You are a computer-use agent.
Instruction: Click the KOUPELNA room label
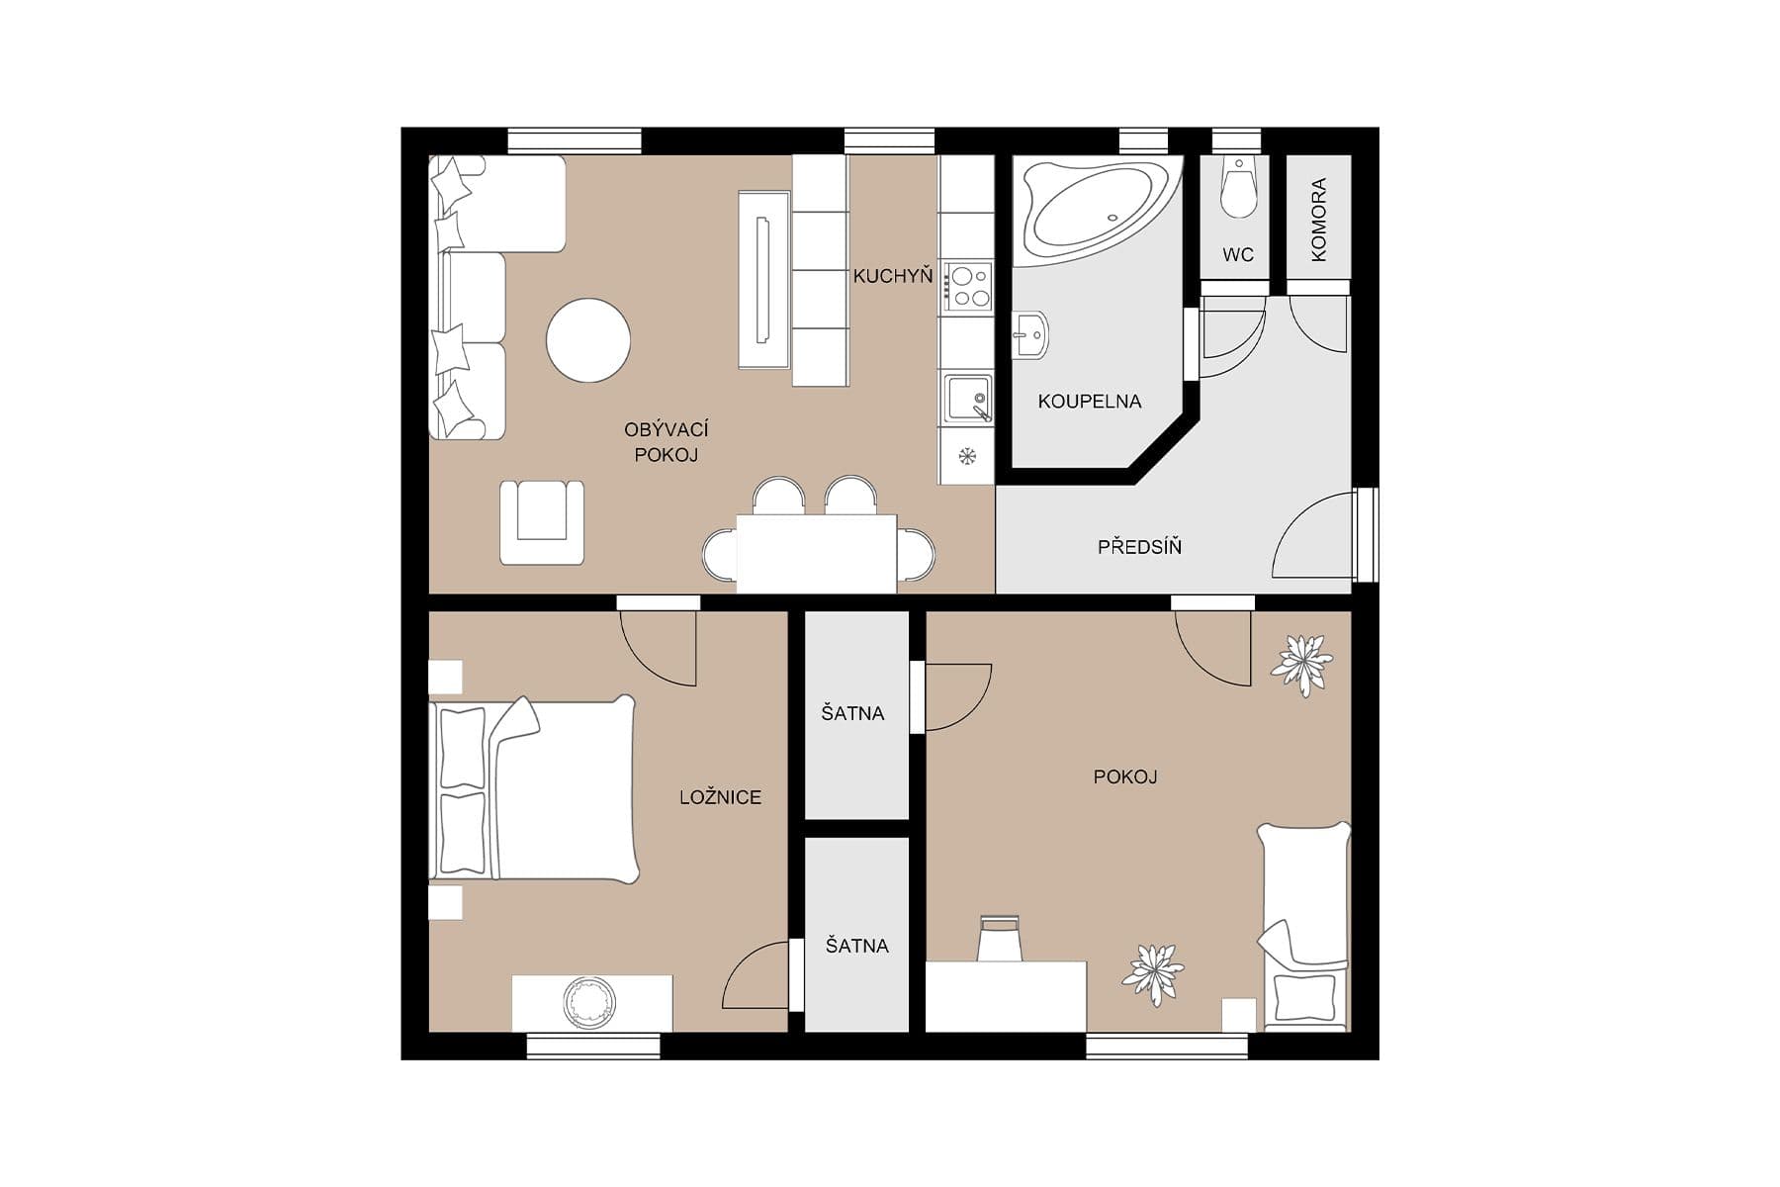pyautogui.click(x=1089, y=402)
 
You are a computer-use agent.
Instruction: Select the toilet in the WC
pyautogui.click(x=1237, y=188)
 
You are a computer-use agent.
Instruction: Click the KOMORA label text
pyautogui.click(x=1318, y=220)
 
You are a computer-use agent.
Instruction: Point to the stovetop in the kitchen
pyautogui.click(x=967, y=286)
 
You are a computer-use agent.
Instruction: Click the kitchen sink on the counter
pyautogui.click(x=966, y=399)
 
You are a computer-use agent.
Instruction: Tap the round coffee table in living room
pyautogui.click(x=588, y=340)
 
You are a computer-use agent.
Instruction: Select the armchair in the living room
pyautogui.click(x=541, y=521)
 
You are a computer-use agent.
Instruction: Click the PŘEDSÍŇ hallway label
pyautogui.click(x=1139, y=547)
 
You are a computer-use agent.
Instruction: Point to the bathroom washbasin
pyautogui.click(x=1029, y=334)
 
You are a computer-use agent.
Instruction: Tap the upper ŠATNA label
pyautogui.click(x=852, y=713)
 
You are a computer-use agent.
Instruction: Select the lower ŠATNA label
pyautogui.click(x=856, y=946)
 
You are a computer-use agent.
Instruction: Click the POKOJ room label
pyautogui.click(x=1124, y=777)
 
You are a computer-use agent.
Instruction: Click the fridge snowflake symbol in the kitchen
pyautogui.click(x=967, y=456)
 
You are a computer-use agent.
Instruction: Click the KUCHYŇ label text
pyautogui.click(x=892, y=277)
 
